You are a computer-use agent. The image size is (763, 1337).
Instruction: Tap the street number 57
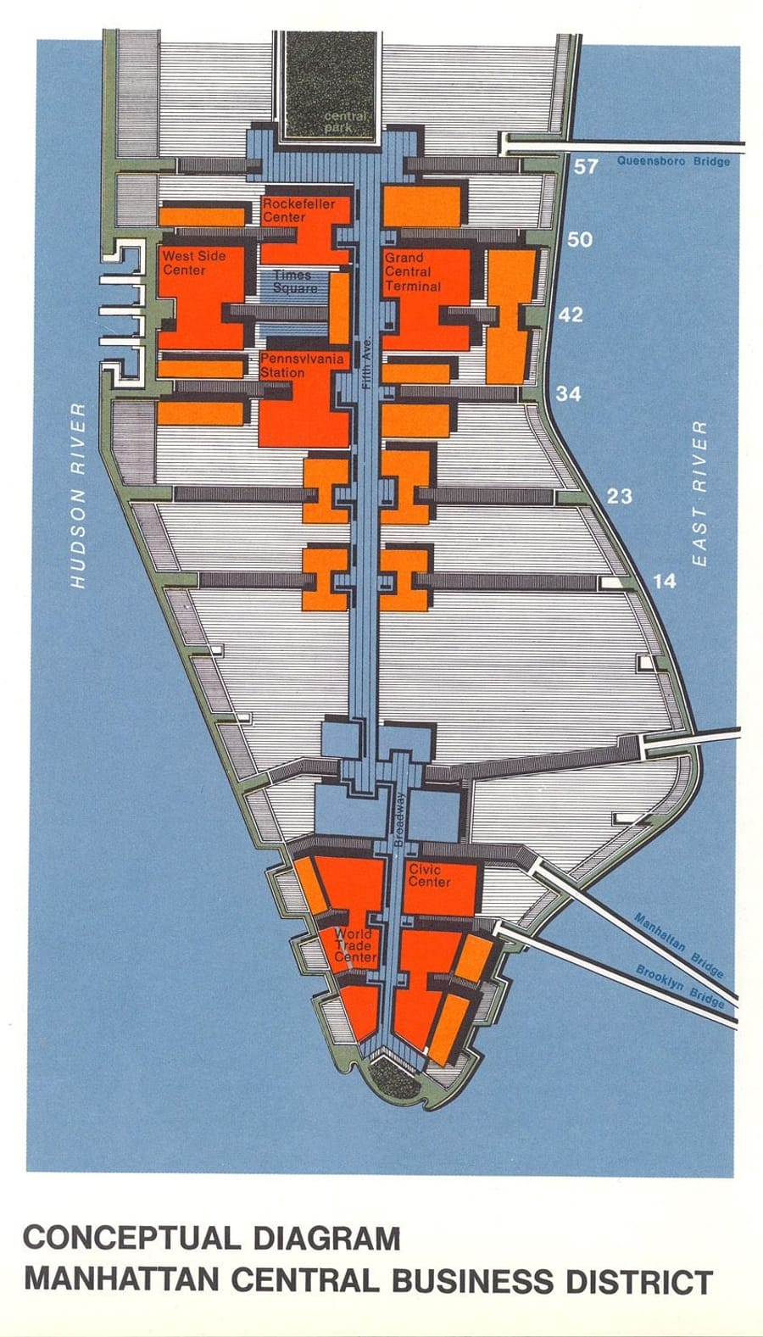point(586,166)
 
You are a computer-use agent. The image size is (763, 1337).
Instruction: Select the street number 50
point(580,240)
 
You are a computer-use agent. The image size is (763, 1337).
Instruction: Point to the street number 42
point(571,315)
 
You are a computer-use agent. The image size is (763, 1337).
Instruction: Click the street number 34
point(568,393)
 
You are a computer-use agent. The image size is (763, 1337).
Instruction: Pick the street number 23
point(619,496)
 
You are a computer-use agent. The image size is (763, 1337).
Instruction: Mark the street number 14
point(665,581)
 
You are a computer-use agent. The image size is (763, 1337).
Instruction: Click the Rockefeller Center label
point(298,210)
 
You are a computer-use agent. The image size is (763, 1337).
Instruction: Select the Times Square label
point(293,281)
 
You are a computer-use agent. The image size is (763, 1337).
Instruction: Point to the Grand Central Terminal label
point(413,271)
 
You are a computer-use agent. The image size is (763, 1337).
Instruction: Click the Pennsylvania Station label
point(302,365)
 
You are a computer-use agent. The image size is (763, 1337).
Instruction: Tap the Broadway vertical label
point(400,818)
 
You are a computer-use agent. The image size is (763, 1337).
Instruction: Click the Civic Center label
point(430,875)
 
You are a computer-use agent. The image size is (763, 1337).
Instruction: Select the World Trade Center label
point(354,944)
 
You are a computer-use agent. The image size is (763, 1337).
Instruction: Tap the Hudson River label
point(78,495)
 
